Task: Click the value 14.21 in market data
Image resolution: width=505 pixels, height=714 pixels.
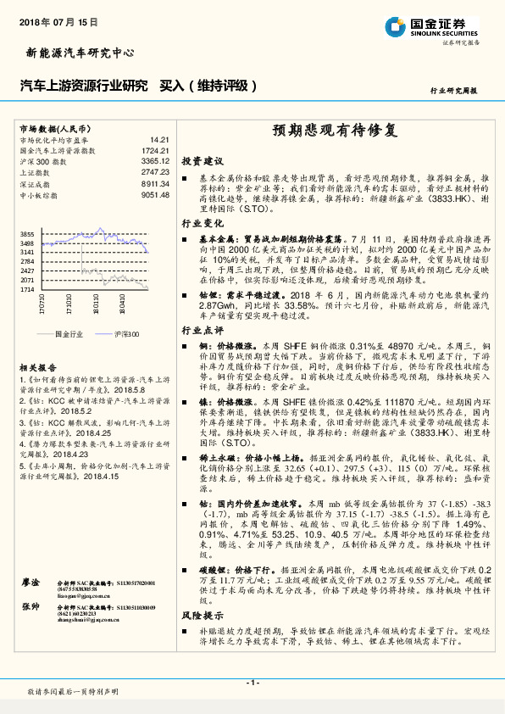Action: (x=160, y=139)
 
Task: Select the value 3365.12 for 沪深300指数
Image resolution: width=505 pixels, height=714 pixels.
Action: (x=155, y=160)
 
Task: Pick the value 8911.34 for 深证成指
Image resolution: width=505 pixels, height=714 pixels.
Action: (x=155, y=183)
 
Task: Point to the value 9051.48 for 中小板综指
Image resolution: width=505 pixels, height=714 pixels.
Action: (x=155, y=194)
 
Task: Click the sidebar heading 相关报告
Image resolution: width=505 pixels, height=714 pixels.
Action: (x=35, y=368)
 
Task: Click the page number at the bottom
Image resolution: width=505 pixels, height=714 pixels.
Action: (x=252, y=683)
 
